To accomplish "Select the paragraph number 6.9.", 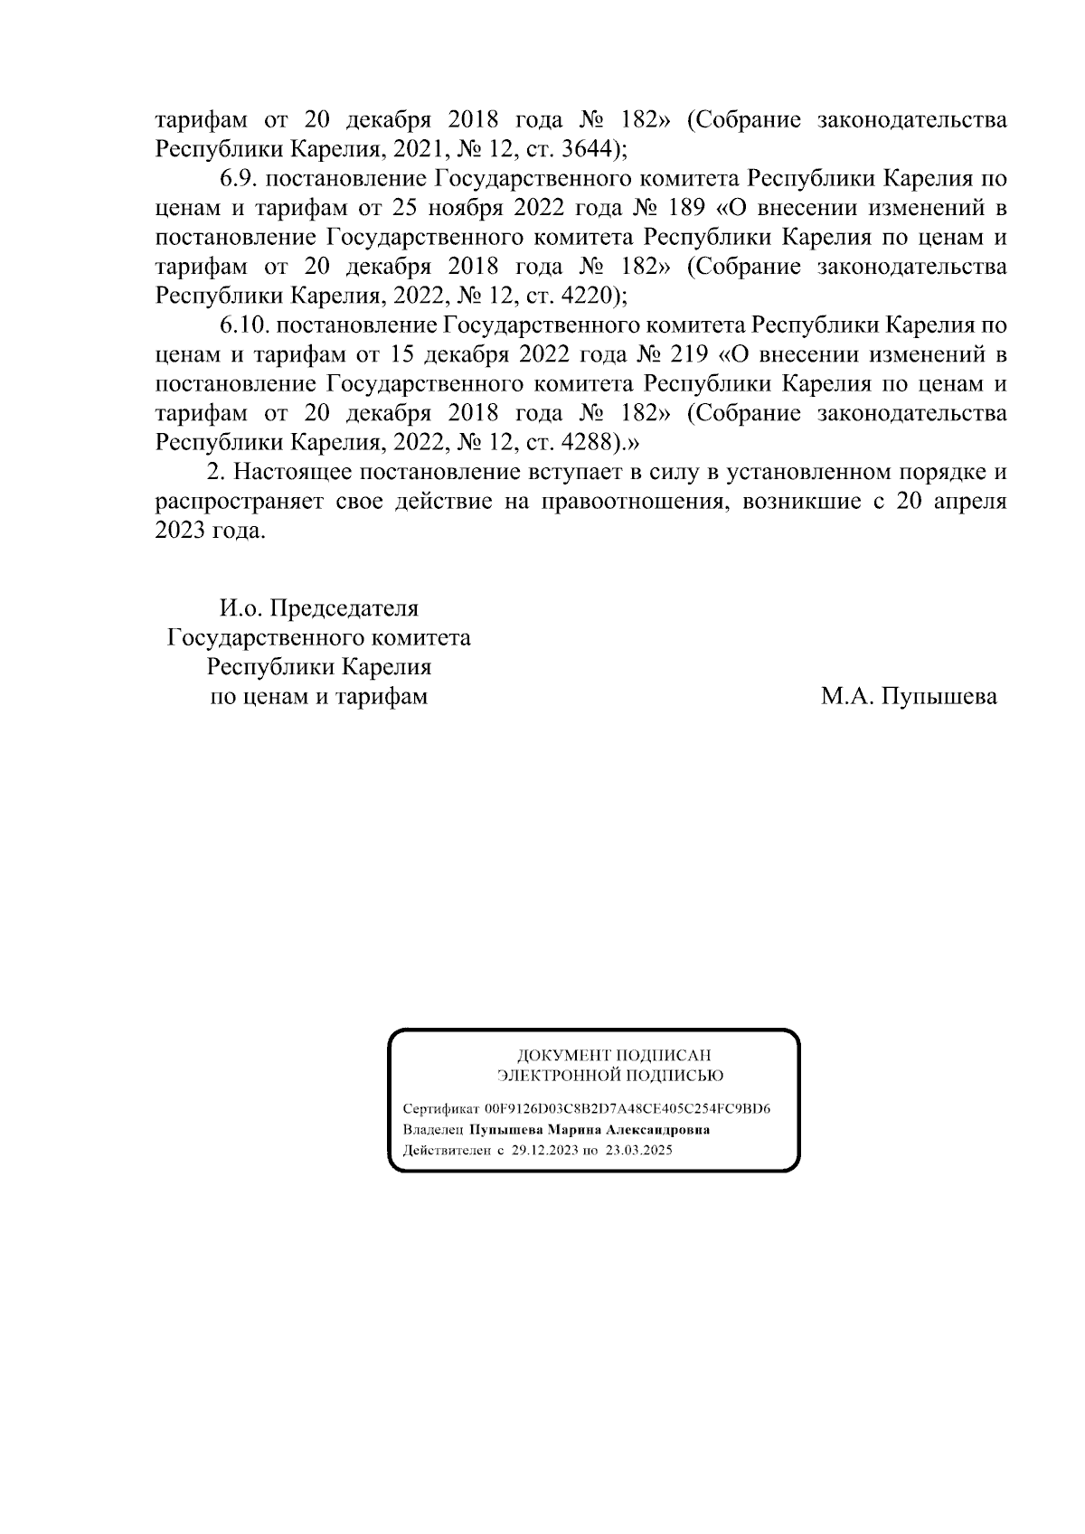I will point(237,178).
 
